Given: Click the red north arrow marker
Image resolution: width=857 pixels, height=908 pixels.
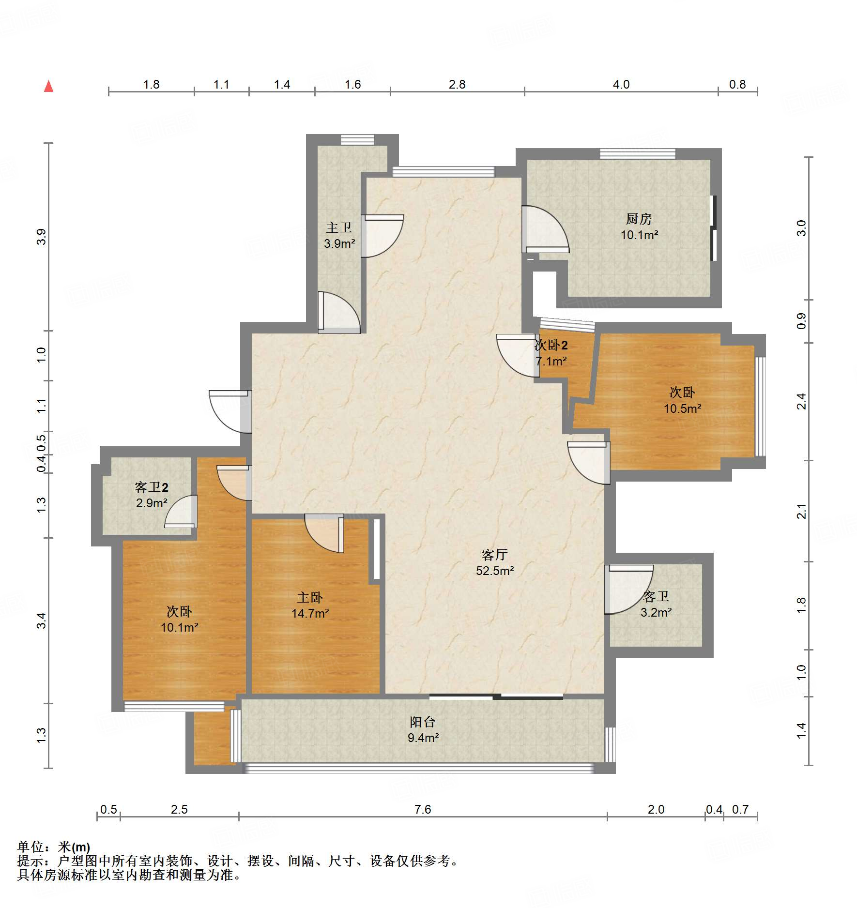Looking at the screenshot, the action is [48, 86].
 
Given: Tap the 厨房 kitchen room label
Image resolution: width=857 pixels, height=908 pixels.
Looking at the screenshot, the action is [639, 219].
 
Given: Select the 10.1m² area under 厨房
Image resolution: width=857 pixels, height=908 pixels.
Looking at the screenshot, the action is [639, 235].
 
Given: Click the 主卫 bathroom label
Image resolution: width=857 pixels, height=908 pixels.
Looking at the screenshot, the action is [339, 227].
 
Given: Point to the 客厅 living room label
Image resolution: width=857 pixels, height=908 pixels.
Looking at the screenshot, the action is [495, 554].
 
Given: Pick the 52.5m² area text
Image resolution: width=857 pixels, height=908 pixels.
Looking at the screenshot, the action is [495, 571].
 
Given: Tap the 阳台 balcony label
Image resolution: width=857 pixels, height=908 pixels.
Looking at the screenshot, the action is [423, 722].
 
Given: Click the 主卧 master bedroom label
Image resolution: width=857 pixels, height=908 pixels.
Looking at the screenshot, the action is [310, 597].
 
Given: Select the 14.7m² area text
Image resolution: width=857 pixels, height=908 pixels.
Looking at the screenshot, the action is [310, 613].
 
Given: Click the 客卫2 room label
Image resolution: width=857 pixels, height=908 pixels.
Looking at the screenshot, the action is [152, 487].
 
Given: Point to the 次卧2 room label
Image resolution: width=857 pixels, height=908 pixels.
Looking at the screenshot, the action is [551, 345].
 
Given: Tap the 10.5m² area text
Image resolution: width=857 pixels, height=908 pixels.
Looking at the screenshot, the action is [682, 409].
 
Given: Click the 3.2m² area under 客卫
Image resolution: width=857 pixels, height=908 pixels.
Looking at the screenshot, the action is [656, 612].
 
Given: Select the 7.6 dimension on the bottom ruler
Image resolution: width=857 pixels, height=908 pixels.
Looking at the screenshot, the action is [423, 809].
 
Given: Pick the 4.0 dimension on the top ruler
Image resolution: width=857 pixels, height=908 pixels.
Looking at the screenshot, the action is [621, 85].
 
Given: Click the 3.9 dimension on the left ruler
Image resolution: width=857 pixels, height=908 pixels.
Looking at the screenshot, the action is [41, 237].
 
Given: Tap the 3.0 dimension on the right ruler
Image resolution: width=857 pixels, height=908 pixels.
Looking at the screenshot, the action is [801, 228].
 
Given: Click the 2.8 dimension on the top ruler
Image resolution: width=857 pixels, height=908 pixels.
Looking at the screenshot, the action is [457, 85].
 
